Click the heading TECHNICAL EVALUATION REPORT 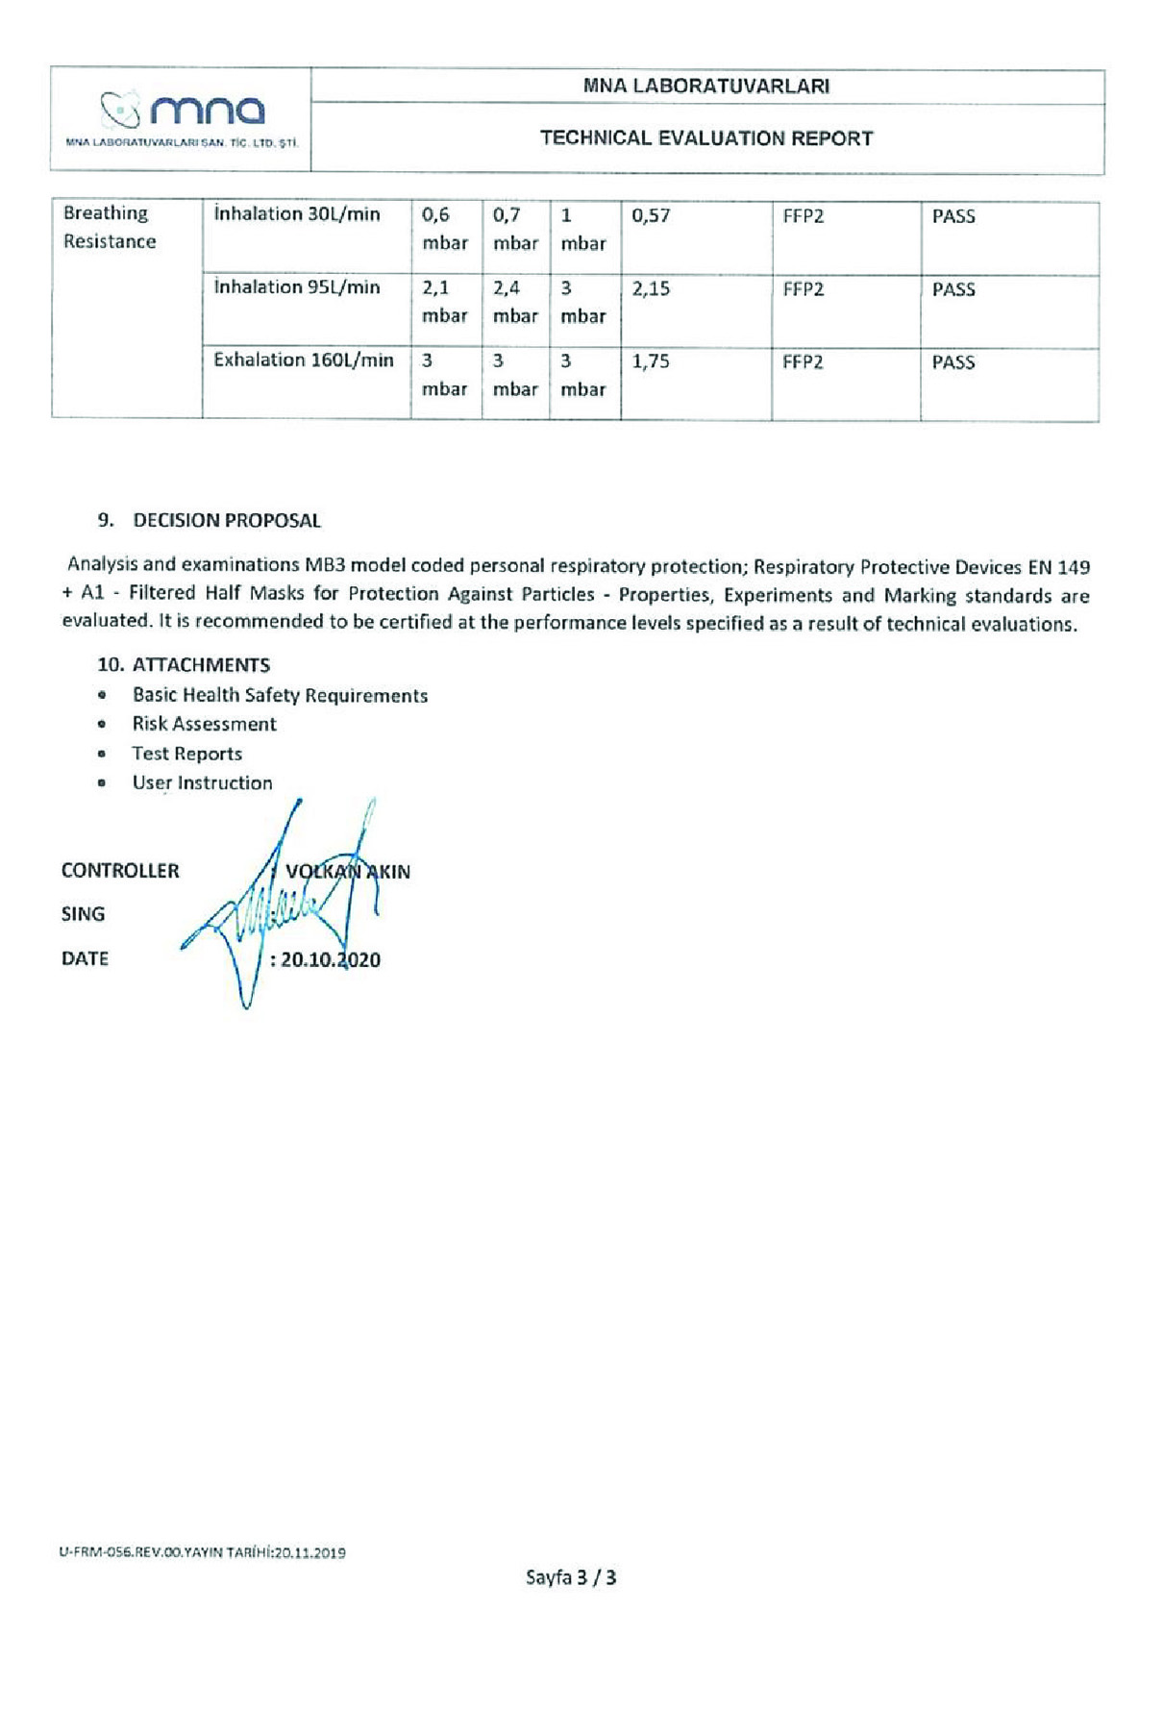[x=706, y=138]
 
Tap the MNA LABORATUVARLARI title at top [x=706, y=86]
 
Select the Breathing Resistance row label [x=110, y=228]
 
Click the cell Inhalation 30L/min [x=297, y=214]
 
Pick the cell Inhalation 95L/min [x=297, y=287]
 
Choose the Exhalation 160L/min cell [x=304, y=360]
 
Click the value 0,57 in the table [x=651, y=216]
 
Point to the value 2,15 [x=651, y=289]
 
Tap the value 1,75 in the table [x=651, y=362]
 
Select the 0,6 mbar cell [x=444, y=229]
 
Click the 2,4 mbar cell [x=515, y=302]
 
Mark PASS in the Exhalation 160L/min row [x=953, y=362]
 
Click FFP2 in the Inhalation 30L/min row [x=804, y=216]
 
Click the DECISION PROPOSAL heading [x=227, y=521]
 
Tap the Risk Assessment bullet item [x=204, y=724]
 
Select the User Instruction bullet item [x=202, y=782]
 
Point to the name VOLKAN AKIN [x=348, y=872]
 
